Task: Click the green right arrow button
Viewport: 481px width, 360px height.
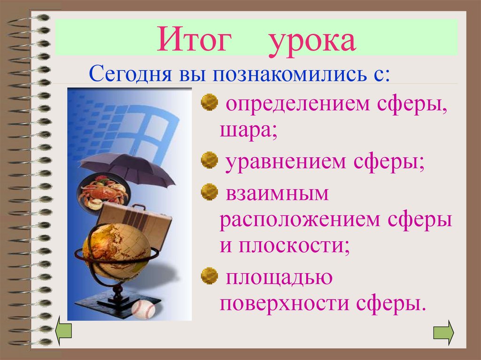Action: (443, 332)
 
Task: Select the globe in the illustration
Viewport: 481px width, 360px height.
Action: (116, 251)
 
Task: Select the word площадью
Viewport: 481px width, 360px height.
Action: (278, 278)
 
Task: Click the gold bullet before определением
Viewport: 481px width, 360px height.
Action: (209, 101)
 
